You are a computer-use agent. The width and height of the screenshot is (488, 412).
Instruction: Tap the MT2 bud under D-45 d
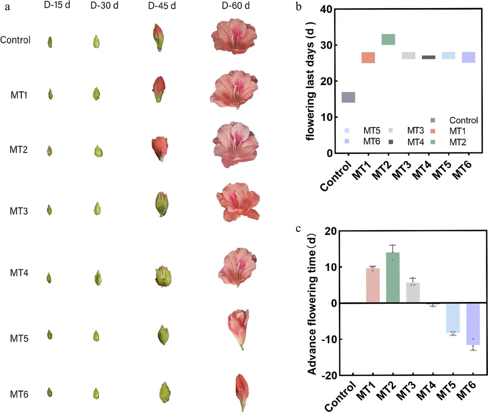(158, 148)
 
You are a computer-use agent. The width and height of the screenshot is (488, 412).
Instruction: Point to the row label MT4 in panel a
(20, 273)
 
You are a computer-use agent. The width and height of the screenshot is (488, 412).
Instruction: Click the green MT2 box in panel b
(388, 40)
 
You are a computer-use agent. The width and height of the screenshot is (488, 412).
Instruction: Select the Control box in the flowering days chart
(348, 97)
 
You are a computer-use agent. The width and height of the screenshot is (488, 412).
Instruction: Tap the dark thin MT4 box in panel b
(428, 57)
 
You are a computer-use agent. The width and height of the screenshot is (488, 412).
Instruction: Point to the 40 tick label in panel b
(325, 9)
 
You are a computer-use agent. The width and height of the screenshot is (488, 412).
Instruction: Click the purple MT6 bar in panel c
(473, 324)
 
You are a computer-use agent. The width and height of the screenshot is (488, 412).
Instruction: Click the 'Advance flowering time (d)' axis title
(312, 303)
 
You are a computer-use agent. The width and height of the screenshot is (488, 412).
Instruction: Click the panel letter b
(298, 8)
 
